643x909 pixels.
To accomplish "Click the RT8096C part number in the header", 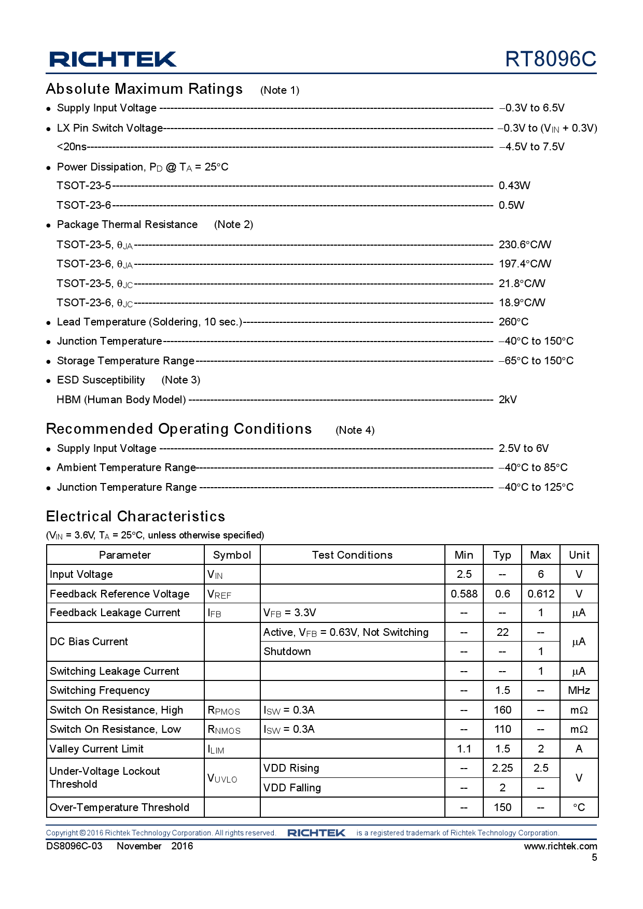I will pos(550,59).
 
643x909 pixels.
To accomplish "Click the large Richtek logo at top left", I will pos(113,59).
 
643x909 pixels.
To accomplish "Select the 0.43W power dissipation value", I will pos(514,186).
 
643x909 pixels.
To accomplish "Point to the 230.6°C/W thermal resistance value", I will pos(524,245).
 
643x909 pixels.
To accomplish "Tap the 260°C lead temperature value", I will pos(513,322).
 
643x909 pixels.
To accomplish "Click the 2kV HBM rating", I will pos(507,400).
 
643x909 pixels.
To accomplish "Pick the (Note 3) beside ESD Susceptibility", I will pos(180,380).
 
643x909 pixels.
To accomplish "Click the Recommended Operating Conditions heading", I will pos(179,429).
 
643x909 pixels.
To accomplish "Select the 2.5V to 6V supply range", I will pos(523,448).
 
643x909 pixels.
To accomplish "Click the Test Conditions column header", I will pos(352,555).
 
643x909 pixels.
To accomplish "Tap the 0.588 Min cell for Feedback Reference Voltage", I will pos(464,594).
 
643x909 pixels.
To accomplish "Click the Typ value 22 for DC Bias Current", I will pos(502,632).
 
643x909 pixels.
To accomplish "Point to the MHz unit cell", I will pos(579,690).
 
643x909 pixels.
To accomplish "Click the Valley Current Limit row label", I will pos(96,749).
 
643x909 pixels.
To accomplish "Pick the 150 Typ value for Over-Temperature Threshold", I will pos(502,807).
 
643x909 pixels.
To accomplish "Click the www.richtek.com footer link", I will pos(560,846).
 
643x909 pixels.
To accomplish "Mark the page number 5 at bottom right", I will pos(594,858).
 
